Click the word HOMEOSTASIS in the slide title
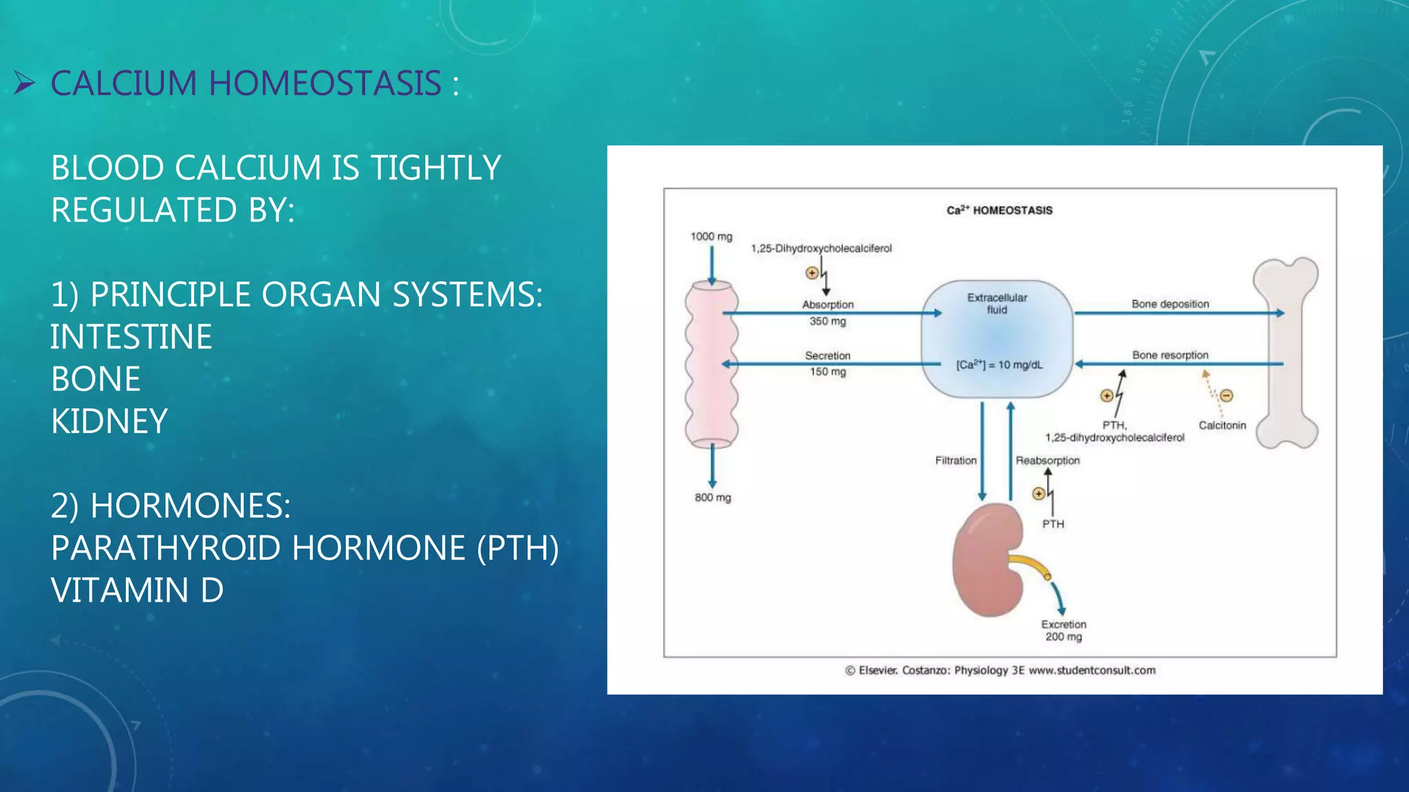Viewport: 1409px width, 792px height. tap(324, 84)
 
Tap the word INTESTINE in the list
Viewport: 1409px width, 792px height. tap(131, 337)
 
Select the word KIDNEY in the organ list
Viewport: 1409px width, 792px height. tap(109, 421)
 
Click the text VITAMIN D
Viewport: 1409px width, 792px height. tap(137, 591)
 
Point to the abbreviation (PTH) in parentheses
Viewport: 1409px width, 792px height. tap(517, 549)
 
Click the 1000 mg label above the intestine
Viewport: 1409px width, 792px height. tap(711, 236)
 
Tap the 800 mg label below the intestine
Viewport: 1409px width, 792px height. tap(713, 497)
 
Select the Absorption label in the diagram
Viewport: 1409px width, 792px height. tap(828, 305)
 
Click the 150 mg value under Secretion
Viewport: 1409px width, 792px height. tap(828, 372)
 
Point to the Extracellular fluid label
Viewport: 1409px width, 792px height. tap(997, 303)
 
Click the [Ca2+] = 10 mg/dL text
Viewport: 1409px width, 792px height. tap(999, 365)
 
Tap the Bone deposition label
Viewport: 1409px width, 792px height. tap(1170, 304)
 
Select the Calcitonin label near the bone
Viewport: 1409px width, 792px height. tap(1222, 426)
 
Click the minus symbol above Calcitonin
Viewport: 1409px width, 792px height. tap(1227, 395)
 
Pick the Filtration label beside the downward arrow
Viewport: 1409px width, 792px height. tap(956, 461)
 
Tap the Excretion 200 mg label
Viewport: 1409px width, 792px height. tap(1064, 630)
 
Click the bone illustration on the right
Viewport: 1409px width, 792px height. tap(1285, 354)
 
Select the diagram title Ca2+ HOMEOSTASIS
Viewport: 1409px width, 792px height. tap(999, 210)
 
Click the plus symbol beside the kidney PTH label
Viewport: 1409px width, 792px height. tap(1039, 494)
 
